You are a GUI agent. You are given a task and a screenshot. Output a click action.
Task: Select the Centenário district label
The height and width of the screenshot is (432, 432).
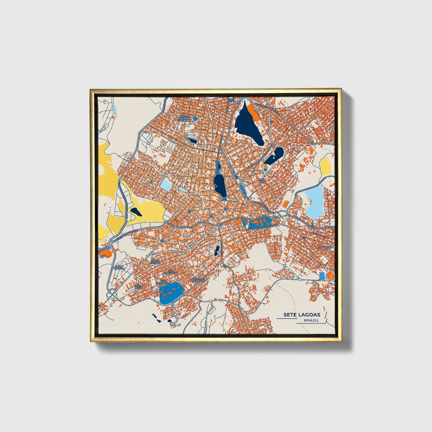tap(326, 247)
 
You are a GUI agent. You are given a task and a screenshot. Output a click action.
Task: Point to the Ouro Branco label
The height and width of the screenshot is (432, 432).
tap(119, 267)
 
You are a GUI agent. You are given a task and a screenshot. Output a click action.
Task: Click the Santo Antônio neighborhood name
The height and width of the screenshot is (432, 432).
tap(156, 261)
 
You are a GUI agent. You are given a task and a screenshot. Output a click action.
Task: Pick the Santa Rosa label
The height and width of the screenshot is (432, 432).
tap(138, 287)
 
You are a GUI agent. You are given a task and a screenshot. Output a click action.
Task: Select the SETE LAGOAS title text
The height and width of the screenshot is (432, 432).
tap(302, 315)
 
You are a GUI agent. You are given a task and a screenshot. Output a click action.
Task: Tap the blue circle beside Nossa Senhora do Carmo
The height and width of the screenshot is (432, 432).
tap(195, 119)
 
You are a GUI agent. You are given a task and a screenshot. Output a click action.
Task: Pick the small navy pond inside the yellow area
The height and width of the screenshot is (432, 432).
tap(136, 211)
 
